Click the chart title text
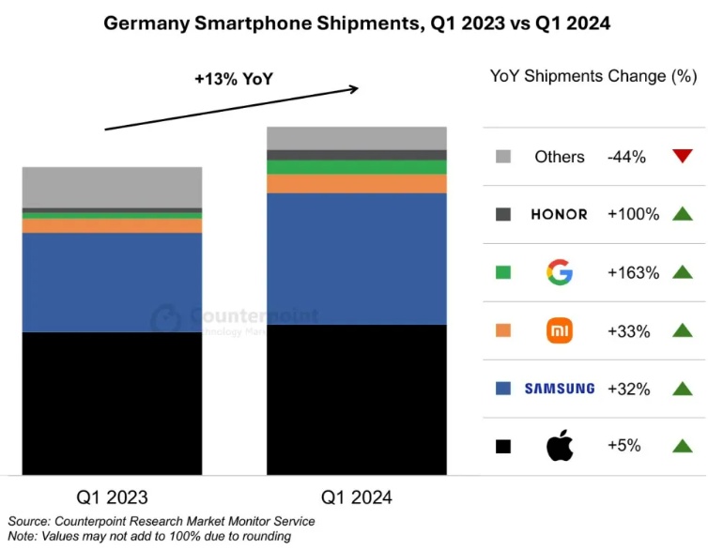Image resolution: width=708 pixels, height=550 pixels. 356,23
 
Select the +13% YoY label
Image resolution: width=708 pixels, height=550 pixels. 233,80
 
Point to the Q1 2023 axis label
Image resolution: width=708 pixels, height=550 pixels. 112,497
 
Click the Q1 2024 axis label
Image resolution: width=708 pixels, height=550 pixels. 357,497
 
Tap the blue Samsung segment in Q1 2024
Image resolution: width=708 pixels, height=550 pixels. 357,258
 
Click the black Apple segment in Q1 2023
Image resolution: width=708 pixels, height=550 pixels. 112,404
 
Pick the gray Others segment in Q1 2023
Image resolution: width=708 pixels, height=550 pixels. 112,187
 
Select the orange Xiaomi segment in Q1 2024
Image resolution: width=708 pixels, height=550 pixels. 357,184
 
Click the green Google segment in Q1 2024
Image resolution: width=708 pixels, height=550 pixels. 357,167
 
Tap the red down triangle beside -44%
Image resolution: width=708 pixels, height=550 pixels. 682,156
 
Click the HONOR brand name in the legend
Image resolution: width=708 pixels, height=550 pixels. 559,214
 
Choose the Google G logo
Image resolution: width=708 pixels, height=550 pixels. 559,273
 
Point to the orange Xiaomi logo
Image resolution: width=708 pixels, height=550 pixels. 560,330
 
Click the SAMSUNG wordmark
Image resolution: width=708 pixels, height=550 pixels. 559,389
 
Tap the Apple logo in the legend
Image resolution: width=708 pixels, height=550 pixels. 560,447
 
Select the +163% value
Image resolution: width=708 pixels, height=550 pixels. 633,273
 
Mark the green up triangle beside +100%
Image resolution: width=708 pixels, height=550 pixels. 682,214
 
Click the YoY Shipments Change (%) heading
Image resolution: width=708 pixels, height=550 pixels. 593,76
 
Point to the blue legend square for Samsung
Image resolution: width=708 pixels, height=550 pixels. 502,389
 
